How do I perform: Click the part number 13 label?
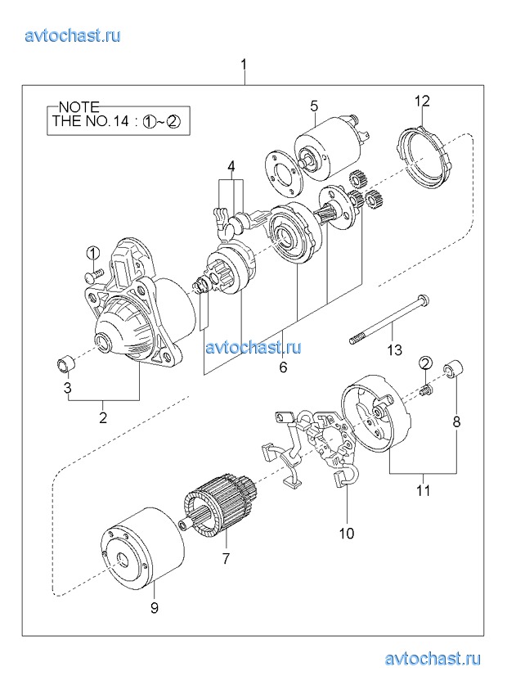(395, 350)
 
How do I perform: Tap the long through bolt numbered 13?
(390, 319)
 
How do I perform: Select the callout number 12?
(422, 101)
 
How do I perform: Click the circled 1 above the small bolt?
(93, 254)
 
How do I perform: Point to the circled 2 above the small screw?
(425, 363)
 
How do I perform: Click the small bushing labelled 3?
(66, 365)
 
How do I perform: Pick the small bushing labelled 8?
(453, 370)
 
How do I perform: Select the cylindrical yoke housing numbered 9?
(141, 549)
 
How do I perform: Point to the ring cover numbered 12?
(424, 157)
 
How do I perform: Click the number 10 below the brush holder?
(347, 534)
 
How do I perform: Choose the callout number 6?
(283, 367)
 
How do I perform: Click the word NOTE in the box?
(79, 107)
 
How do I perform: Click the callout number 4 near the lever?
(231, 166)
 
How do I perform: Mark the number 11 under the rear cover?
(424, 490)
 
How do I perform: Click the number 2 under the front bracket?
(103, 417)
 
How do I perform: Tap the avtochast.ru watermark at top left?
(73, 35)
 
